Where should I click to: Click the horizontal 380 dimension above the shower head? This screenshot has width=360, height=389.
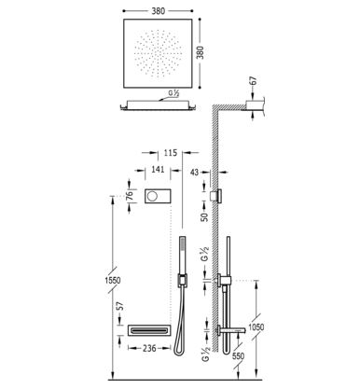click(x=158, y=11)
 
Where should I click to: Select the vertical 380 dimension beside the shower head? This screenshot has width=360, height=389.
click(x=201, y=52)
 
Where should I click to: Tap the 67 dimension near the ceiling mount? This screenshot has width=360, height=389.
click(x=254, y=80)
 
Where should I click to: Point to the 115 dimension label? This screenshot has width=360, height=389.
click(x=170, y=153)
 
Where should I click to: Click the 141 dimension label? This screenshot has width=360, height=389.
click(x=158, y=170)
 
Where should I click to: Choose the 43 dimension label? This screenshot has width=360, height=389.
click(x=194, y=172)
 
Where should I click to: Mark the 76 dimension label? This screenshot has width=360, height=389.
click(x=130, y=195)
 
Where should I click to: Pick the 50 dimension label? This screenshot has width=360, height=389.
click(x=204, y=217)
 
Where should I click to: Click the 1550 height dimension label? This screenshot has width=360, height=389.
click(x=112, y=280)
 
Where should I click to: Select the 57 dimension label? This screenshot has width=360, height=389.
click(x=121, y=306)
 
